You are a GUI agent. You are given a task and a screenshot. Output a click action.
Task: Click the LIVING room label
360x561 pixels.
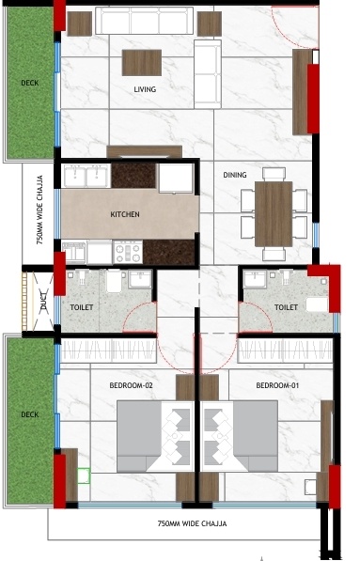[x=144, y=89]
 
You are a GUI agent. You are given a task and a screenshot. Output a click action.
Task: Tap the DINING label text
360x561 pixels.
[x=234, y=175]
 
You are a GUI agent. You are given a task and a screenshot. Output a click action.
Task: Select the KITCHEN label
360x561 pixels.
[x=125, y=214]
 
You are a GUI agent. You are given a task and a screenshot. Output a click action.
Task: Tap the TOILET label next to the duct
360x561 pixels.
[x=83, y=306]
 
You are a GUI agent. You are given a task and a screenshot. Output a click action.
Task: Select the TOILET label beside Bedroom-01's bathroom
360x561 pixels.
[x=286, y=306]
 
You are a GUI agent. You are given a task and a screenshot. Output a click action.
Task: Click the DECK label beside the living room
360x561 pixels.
[x=30, y=83]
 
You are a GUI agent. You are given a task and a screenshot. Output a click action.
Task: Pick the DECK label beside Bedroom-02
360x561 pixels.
[x=30, y=414]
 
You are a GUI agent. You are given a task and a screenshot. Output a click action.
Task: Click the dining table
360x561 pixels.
[x=274, y=213]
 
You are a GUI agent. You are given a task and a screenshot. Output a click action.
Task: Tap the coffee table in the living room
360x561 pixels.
[x=142, y=61]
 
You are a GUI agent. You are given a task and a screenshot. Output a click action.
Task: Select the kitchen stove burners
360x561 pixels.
[x=127, y=252]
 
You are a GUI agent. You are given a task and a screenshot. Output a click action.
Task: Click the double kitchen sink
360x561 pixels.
[x=86, y=175]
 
